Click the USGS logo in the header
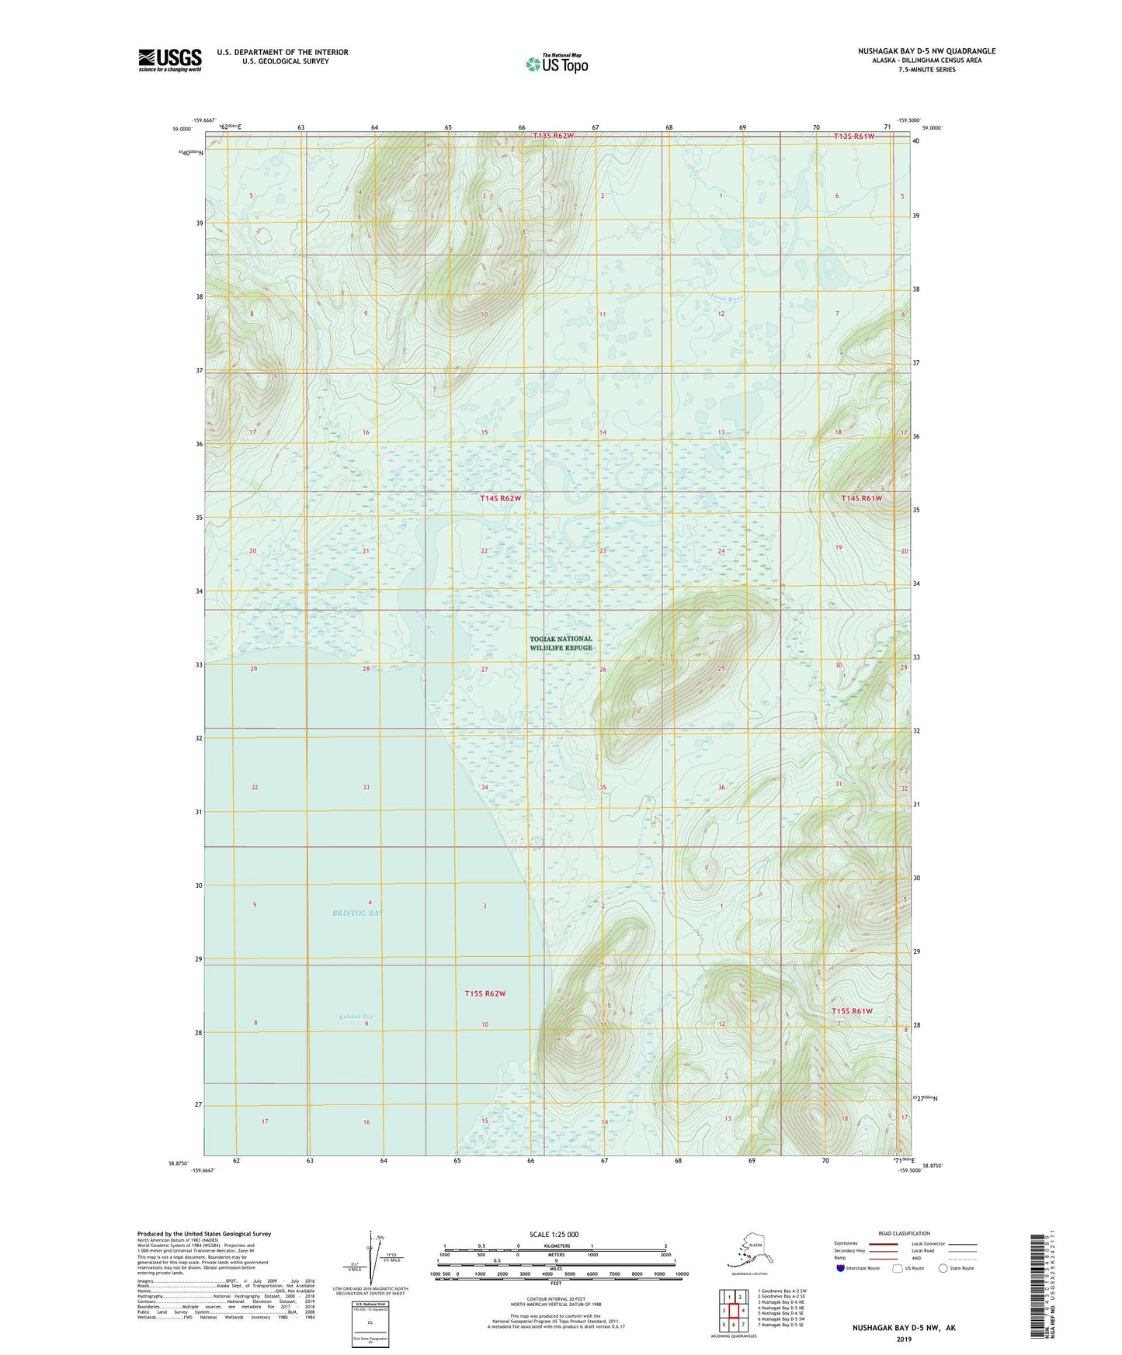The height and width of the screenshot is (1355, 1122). (169, 60)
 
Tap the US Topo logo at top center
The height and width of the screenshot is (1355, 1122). (556, 64)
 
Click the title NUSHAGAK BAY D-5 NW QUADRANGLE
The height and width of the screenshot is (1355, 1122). (926, 51)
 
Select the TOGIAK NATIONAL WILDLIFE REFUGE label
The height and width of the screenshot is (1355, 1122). (561, 643)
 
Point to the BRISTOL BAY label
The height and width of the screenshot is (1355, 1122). (358, 913)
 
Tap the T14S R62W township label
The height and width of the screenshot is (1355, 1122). (500, 498)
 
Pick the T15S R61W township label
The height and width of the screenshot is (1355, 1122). (852, 1011)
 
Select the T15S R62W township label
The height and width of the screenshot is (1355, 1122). (485, 993)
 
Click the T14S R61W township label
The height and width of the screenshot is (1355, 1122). (862, 498)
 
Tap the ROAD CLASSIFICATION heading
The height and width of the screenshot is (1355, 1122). (904, 1233)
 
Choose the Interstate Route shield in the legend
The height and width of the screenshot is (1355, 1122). (841, 1268)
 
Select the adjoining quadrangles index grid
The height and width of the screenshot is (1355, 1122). (732, 1311)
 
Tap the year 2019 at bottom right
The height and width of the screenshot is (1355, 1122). (904, 1339)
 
